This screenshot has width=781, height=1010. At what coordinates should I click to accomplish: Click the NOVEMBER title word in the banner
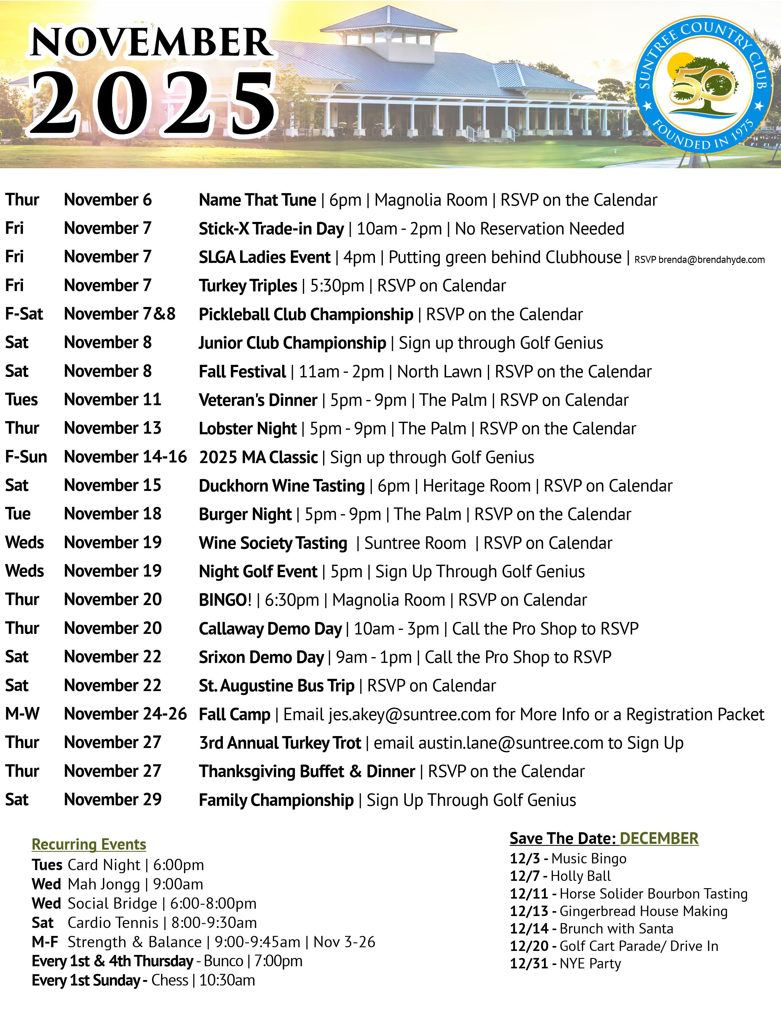[x=150, y=43]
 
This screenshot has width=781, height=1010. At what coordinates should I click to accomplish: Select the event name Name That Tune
[x=257, y=200]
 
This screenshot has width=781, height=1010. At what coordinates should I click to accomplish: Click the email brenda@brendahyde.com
[x=711, y=260]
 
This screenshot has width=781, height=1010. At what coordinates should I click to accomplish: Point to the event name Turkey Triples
[x=248, y=286]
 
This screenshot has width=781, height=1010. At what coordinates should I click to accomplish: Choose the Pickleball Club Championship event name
[x=306, y=314]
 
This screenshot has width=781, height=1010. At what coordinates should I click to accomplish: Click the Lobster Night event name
[x=247, y=429]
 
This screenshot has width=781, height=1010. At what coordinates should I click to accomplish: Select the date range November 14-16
[x=125, y=457]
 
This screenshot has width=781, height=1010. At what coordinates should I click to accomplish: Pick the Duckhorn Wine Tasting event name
[x=282, y=486]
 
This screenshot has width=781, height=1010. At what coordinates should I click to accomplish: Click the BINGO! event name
[x=225, y=600]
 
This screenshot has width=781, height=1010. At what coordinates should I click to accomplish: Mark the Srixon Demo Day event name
[x=262, y=657]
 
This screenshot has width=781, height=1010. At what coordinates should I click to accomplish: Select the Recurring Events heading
[x=89, y=844]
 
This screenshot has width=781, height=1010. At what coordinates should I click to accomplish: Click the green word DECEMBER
[x=659, y=838]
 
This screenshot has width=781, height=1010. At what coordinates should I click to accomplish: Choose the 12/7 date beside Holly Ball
[x=525, y=876]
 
